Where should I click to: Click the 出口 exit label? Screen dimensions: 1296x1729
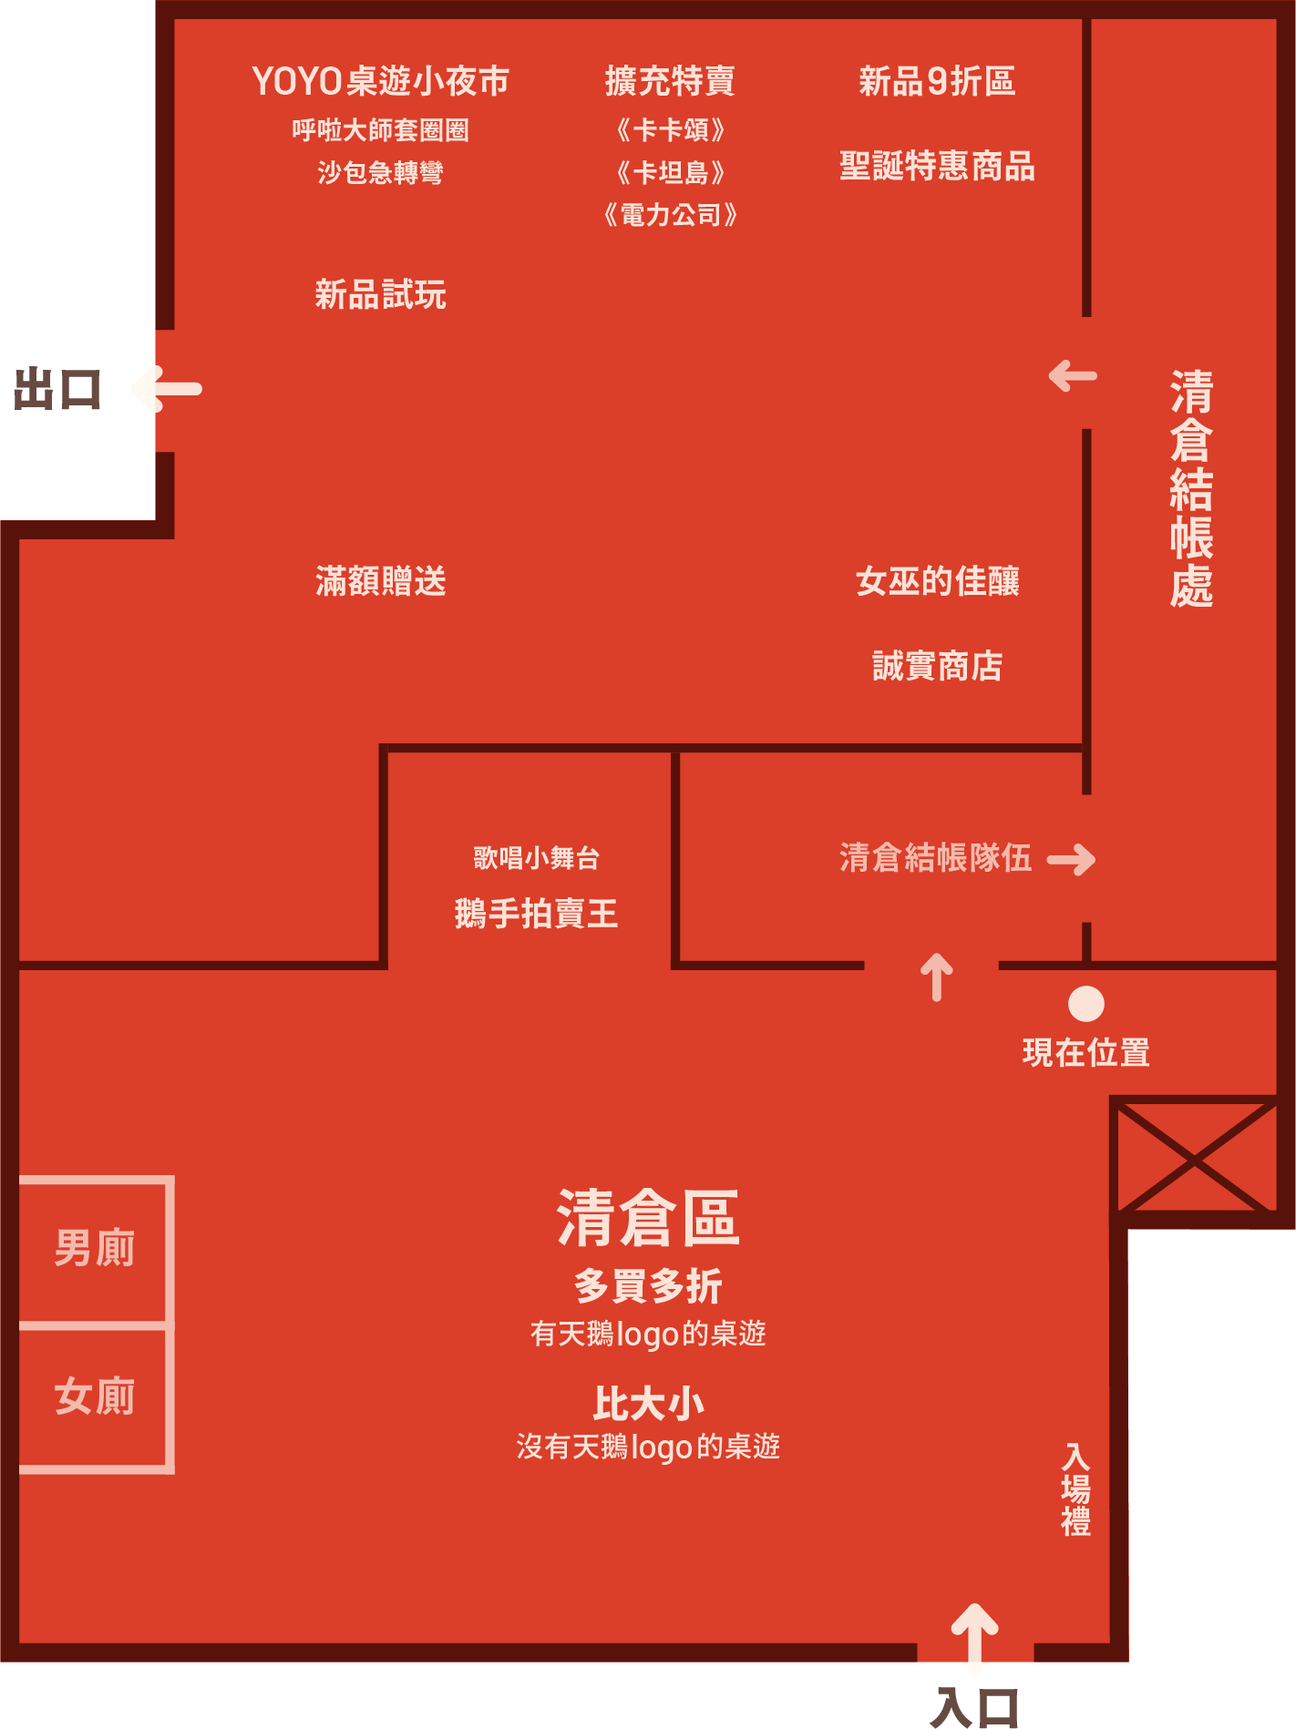(57, 390)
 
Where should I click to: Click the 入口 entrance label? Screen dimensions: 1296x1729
(974, 1707)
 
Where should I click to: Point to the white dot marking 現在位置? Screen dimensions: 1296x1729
(1085, 1004)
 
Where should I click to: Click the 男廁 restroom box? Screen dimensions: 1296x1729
(95, 1248)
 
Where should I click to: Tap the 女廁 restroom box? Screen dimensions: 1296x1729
(95, 1396)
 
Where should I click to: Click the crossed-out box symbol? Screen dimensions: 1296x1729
(1193, 1159)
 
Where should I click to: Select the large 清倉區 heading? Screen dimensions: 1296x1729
(648, 1218)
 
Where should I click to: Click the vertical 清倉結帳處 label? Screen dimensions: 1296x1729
(1191, 487)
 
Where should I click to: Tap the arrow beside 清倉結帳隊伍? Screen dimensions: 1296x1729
(1072, 859)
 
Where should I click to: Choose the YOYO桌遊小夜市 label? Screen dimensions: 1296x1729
(380, 81)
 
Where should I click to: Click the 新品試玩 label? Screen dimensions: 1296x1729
(380, 294)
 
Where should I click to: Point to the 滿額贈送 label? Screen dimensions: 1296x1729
(380, 580)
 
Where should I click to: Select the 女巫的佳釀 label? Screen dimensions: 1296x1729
(937, 580)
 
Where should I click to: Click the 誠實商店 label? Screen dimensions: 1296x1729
(937, 666)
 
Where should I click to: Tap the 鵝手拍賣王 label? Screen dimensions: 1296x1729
(536, 913)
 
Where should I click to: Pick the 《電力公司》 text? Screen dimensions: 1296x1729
(670, 215)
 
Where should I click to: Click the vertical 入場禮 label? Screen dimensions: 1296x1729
(1075, 1489)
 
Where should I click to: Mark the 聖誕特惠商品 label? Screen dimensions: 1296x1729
(937, 166)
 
